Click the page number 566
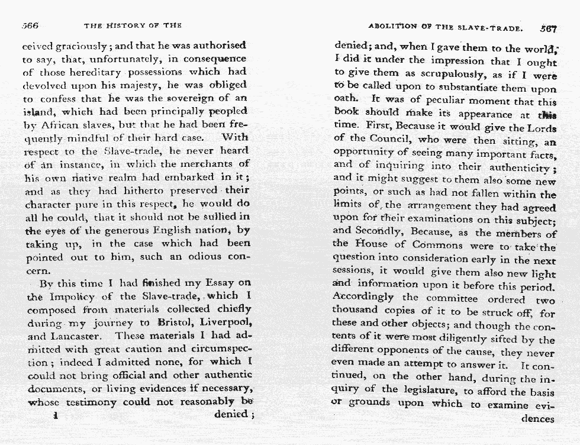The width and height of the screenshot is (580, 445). [30, 26]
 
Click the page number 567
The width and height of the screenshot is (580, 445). [548, 27]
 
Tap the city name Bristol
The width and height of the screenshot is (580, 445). [176, 322]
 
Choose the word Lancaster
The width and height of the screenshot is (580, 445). [78, 336]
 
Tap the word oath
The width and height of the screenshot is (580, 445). [346, 100]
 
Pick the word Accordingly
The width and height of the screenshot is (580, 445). [363, 297]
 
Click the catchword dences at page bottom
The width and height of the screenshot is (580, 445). [536, 420]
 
